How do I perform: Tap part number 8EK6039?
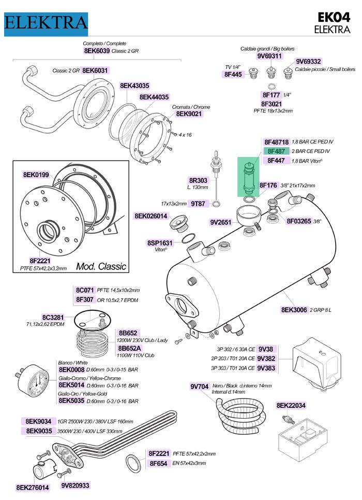point(96,51)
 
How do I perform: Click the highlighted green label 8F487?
point(276,151)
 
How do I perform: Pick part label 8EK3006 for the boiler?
point(295,310)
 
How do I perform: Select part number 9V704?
point(199,386)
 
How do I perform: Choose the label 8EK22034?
point(291,405)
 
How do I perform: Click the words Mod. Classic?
point(101,266)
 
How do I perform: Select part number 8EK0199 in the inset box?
point(36,175)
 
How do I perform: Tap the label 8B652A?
point(129,348)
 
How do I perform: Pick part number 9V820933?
point(75,485)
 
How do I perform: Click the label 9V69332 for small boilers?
point(309,61)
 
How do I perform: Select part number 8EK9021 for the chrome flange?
point(189,114)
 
